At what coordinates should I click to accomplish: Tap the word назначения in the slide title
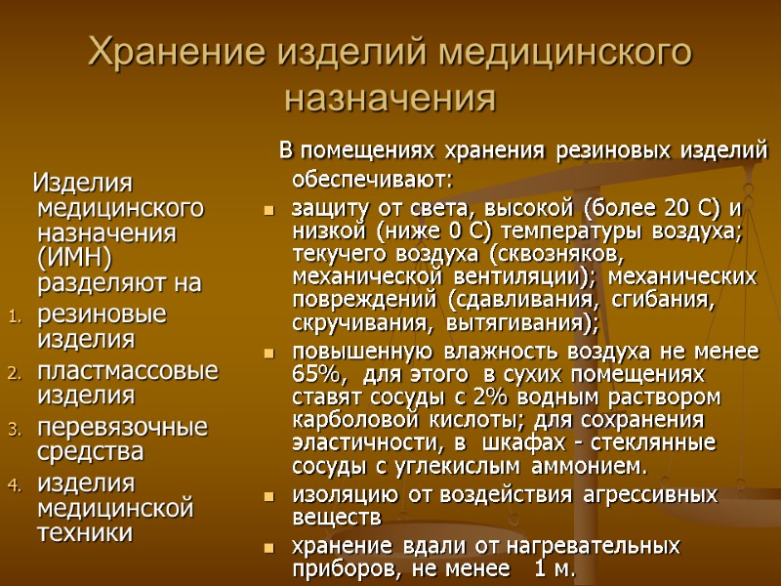click(x=390, y=99)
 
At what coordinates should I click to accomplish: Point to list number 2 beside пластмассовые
click(x=13, y=372)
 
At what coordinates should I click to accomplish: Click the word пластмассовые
click(x=127, y=371)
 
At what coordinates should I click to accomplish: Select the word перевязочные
click(x=122, y=427)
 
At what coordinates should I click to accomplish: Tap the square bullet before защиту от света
click(x=270, y=211)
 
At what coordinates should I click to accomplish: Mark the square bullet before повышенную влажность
click(x=270, y=354)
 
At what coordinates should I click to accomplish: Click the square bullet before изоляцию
click(x=270, y=496)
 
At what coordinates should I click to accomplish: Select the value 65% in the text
click(x=316, y=375)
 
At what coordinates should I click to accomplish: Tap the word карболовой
click(x=345, y=420)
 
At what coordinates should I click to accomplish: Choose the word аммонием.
click(x=585, y=465)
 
